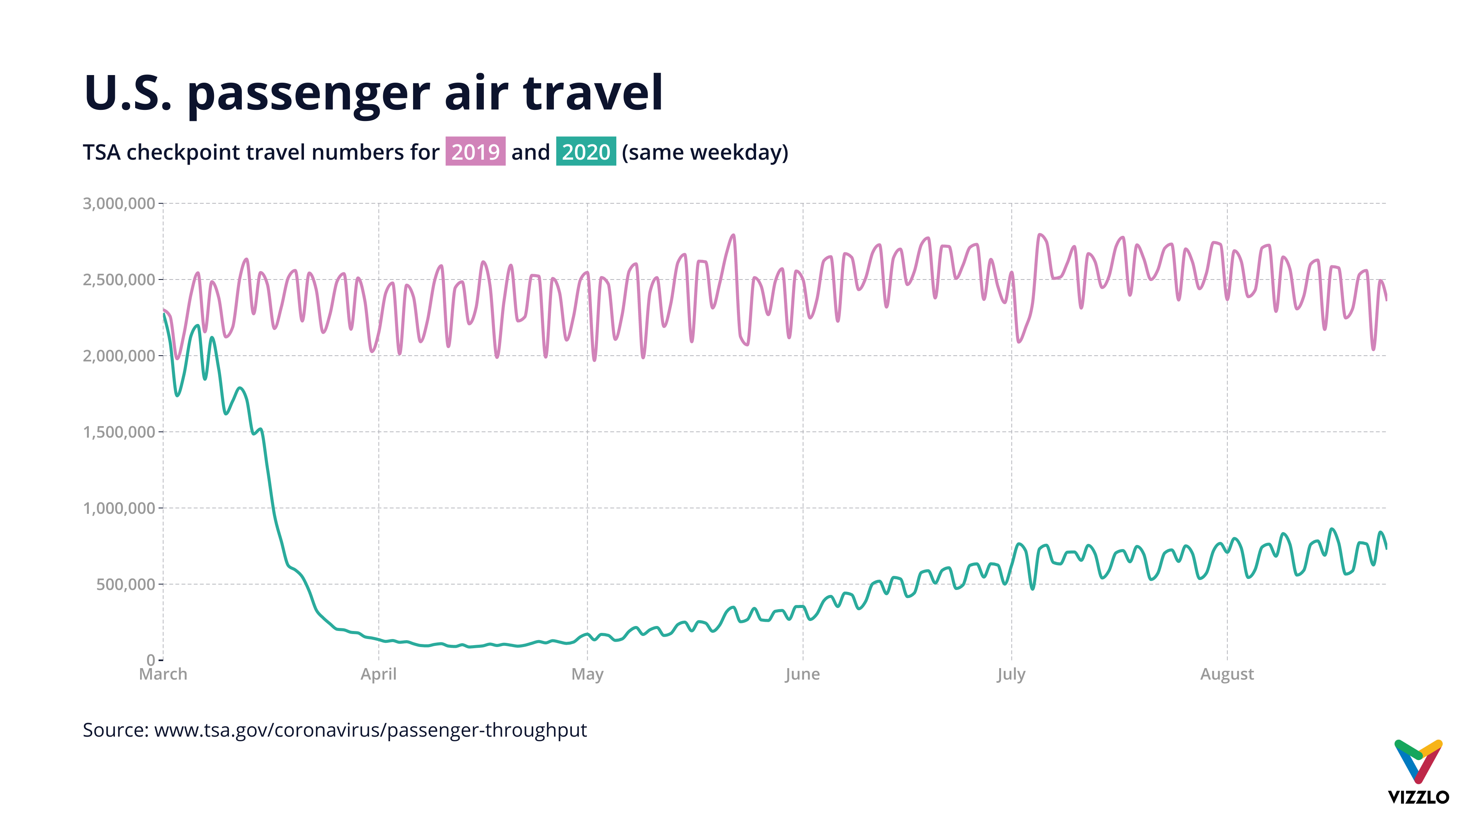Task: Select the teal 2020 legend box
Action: [x=585, y=152]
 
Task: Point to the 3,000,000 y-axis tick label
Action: [x=119, y=204]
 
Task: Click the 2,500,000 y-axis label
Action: [x=119, y=279]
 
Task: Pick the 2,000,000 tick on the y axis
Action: [x=119, y=356]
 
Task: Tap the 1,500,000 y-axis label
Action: [x=119, y=432]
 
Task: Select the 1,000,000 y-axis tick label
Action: [x=119, y=508]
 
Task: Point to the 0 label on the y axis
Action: [x=151, y=660]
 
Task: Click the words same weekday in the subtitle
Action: [x=705, y=152]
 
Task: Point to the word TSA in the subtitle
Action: [x=101, y=152]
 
